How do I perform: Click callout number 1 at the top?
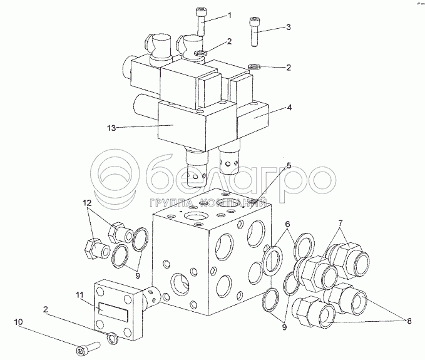click(230, 15)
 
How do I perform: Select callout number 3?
click(289, 27)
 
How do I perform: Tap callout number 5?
click(289, 165)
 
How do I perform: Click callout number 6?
click(287, 225)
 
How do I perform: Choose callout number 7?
click(341, 224)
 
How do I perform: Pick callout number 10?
click(19, 322)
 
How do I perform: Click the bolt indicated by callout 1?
click(202, 26)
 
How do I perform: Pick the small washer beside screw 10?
click(111, 339)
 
